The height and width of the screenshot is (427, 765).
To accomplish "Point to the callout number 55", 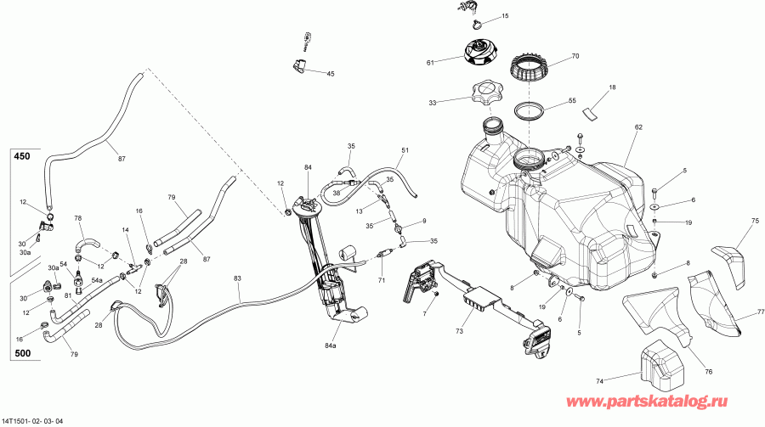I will pos(572,100).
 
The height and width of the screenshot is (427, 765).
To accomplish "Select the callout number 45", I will pos(331,74).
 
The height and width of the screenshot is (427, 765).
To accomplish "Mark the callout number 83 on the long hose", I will pos(237,278).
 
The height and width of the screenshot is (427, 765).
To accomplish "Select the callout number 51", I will pos(405,151).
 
